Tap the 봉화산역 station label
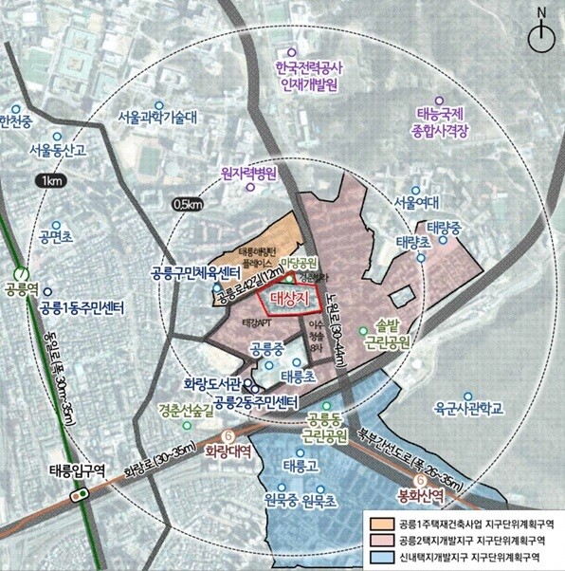pyautogui.click(x=418, y=494)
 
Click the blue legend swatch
pyautogui.click(x=380, y=557)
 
